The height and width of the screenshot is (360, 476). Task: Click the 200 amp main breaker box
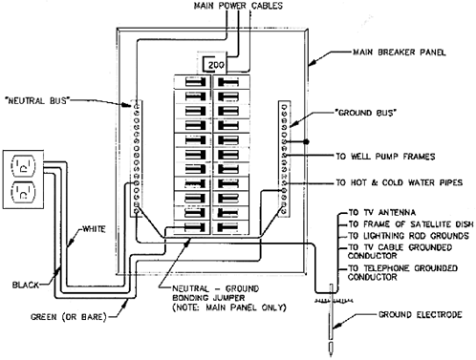pyautogui.click(x=215, y=64)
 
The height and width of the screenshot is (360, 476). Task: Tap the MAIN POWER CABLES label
pyautogui.click(x=238, y=6)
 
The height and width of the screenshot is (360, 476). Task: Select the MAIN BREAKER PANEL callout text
pyautogui.click(x=400, y=53)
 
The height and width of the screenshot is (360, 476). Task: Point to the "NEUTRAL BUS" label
pyautogui.click(x=37, y=101)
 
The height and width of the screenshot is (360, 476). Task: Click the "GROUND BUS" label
pyautogui.click(x=365, y=113)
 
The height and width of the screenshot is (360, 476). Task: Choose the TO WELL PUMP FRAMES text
pyautogui.click(x=385, y=157)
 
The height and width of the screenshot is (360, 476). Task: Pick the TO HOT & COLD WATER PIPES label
pyautogui.click(x=399, y=182)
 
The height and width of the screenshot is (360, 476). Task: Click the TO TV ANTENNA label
pyautogui.click(x=381, y=212)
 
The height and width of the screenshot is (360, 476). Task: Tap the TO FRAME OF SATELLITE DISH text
pyautogui.click(x=411, y=224)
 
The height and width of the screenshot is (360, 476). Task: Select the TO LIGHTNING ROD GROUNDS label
pyautogui.click(x=408, y=236)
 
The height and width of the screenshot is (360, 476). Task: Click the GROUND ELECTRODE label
pyautogui.click(x=420, y=315)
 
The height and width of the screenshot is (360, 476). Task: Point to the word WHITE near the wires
pyautogui.click(x=94, y=229)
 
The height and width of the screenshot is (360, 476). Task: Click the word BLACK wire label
pyautogui.click(x=26, y=285)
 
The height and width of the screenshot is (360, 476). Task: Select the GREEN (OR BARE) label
pyautogui.click(x=69, y=317)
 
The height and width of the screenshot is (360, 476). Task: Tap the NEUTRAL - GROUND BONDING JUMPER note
pyautogui.click(x=229, y=298)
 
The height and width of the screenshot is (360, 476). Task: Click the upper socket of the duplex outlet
pyautogui.click(x=23, y=166)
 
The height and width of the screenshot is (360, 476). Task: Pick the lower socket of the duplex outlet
pyautogui.click(x=23, y=193)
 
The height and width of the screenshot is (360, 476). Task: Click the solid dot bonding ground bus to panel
pyautogui.click(x=306, y=141)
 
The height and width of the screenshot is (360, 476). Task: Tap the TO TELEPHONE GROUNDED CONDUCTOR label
pyautogui.click(x=402, y=273)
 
